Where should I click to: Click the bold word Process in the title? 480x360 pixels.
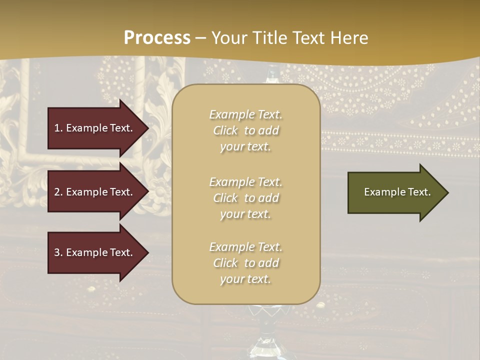click(157, 38)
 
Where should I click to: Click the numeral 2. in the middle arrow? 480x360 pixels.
click(58, 192)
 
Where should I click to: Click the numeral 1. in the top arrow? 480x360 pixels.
click(58, 128)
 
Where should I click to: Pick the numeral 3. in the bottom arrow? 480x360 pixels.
click(58, 252)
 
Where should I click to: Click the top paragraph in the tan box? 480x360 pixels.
click(245, 130)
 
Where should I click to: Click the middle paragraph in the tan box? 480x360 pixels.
click(245, 198)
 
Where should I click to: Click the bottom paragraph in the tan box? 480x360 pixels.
click(245, 263)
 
